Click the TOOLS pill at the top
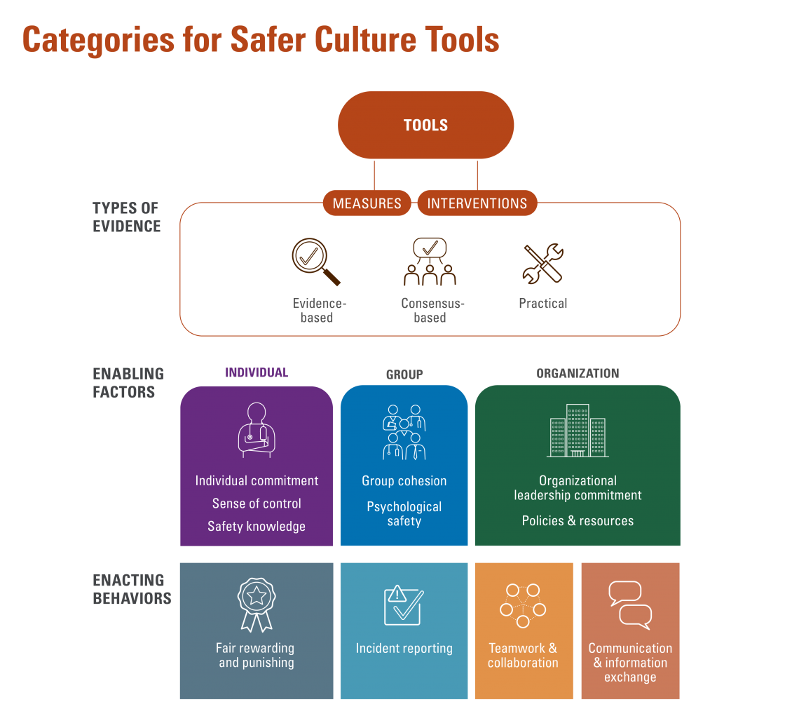click(425, 126)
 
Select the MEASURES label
click(367, 203)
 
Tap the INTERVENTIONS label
click(477, 203)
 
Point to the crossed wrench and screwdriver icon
click(542, 263)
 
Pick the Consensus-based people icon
click(430, 262)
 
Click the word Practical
click(542, 303)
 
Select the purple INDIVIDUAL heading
click(256, 372)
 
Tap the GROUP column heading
click(404, 374)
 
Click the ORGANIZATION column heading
click(578, 373)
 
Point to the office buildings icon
click(578, 431)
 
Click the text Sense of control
click(257, 504)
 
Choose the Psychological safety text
click(404, 513)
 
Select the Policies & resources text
click(578, 520)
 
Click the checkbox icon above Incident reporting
click(403, 604)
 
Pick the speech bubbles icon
click(629, 604)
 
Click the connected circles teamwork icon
click(523, 605)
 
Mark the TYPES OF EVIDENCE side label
click(127, 217)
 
